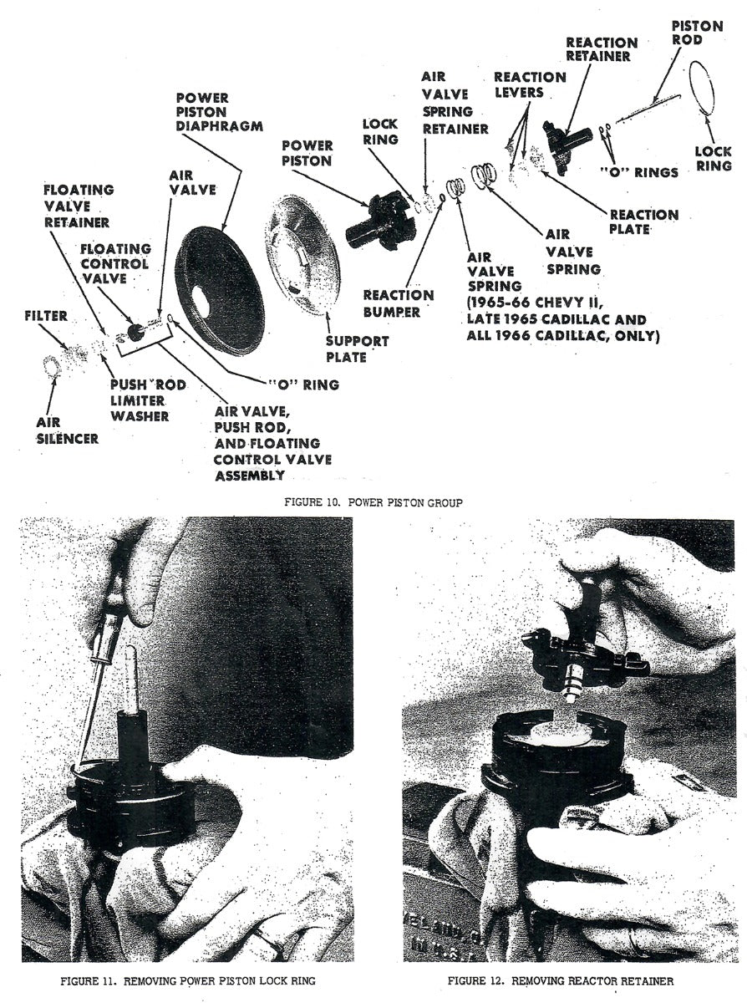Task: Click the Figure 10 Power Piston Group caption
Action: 373,502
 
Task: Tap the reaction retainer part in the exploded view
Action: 565,145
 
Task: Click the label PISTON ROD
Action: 697,33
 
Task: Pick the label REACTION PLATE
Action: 643,221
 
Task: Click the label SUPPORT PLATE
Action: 358,349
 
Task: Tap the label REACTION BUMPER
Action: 399,303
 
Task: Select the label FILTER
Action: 46,316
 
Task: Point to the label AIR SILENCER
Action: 67,430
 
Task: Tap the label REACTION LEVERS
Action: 530,84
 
